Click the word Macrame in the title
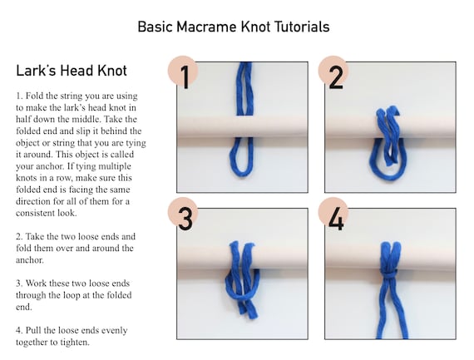[207, 27]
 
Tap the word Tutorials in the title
[303, 27]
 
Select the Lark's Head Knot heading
[72, 71]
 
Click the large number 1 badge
[183, 73]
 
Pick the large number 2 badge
[333, 73]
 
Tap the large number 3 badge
[183, 215]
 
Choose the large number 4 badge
[333, 215]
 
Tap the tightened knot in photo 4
[389, 274]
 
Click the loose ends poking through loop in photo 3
[248, 311]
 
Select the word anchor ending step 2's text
[30, 260]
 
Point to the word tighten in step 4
[75, 343]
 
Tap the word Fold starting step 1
[32, 96]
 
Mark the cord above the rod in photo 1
[244, 89]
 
